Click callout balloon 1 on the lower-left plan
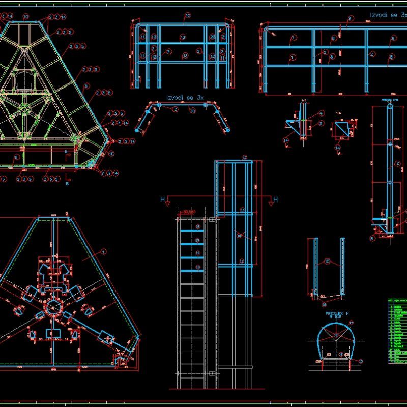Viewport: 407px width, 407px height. pyautogui.click(x=103, y=251)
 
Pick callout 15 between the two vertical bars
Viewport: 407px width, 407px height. pyautogui.click(x=328, y=261)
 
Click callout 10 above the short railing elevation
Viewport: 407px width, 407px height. pyautogui.click(x=187, y=16)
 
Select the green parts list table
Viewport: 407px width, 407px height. pyautogui.click(x=396, y=331)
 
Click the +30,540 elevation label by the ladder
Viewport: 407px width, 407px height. pyautogui.click(x=189, y=212)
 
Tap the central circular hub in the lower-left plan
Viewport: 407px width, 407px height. pyautogui.click(x=53, y=307)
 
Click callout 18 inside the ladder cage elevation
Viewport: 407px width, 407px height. pyautogui.click(x=239, y=235)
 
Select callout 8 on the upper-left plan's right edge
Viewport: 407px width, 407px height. pyautogui.click(x=86, y=86)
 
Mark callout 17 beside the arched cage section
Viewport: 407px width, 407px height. pyautogui.click(x=351, y=323)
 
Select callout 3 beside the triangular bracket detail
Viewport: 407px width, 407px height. pyautogui.click(x=321, y=123)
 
